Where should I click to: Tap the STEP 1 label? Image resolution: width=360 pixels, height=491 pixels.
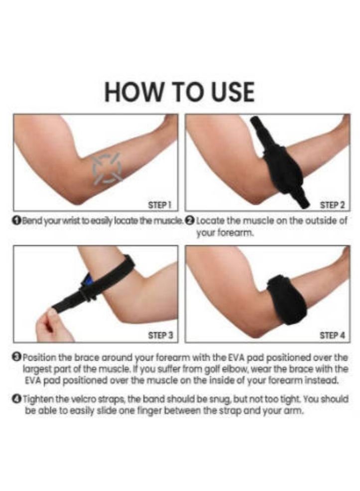coord(160,205)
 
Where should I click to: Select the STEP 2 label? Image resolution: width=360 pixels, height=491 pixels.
coord(332,205)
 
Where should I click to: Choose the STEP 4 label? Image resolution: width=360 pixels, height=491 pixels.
coord(332,336)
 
